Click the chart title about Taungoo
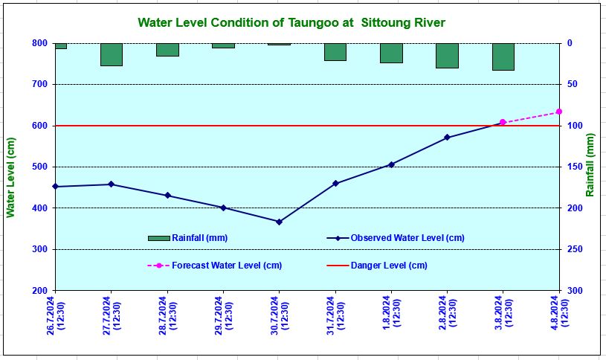tap(291, 22)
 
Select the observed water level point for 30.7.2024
tap(279, 222)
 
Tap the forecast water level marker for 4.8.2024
tap(558, 112)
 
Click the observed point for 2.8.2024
tap(447, 137)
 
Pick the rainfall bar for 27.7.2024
tap(112, 54)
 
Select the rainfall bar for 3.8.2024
tap(503, 57)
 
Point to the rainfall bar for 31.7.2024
tap(335, 51)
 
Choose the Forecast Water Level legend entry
tap(216, 265)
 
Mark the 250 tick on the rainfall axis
tap(576, 249)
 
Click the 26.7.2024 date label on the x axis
tap(56, 317)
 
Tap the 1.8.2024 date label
tap(391, 317)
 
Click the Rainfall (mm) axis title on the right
tap(590, 165)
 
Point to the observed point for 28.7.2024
tap(167, 196)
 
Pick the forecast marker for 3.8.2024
tap(503, 122)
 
